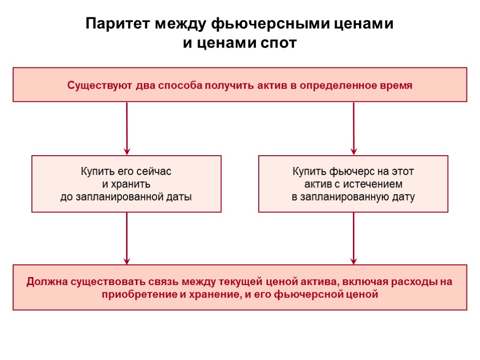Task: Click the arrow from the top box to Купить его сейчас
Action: (127, 128)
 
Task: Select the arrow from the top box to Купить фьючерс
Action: (353, 128)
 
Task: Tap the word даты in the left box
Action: (180, 197)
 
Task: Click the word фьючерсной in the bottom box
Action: (307, 295)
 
